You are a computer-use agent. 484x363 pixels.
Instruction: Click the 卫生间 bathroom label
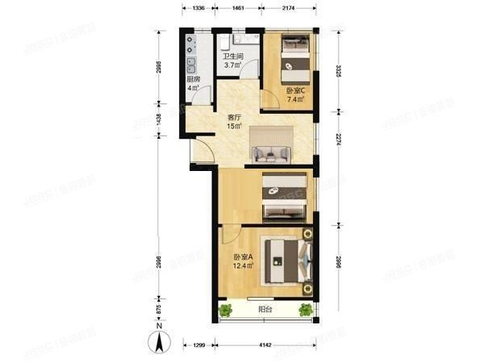(x=234, y=56)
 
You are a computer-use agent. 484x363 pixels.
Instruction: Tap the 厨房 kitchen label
(x=193, y=80)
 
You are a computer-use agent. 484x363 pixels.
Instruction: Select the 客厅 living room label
(x=234, y=115)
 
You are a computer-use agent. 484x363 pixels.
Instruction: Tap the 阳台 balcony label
(x=264, y=308)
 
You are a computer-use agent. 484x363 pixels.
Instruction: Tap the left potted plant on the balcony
(x=225, y=309)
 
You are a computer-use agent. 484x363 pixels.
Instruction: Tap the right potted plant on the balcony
(x=306, y=309)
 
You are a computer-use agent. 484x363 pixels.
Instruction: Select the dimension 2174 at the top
(x=294, y=6)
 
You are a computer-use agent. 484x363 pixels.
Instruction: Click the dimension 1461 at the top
(x=239, y=6)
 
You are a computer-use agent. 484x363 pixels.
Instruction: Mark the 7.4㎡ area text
(x=294, y=100)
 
